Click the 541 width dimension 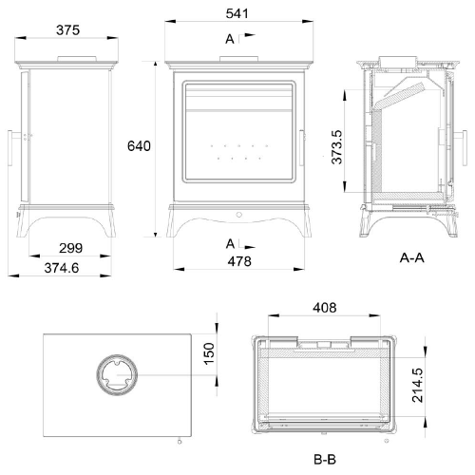(x=237, y=13)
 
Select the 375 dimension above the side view (x=67, y=30)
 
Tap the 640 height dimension (x=139, y=146)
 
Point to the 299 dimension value (x=70, y=248)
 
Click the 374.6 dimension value (x=62, y=268)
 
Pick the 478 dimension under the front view (x=239, y=261)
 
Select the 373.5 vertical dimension (x=336, y=147)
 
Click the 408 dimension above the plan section (x=325, y=308)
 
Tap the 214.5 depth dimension (x=417, y=385)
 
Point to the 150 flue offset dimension (x=209, y=353)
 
